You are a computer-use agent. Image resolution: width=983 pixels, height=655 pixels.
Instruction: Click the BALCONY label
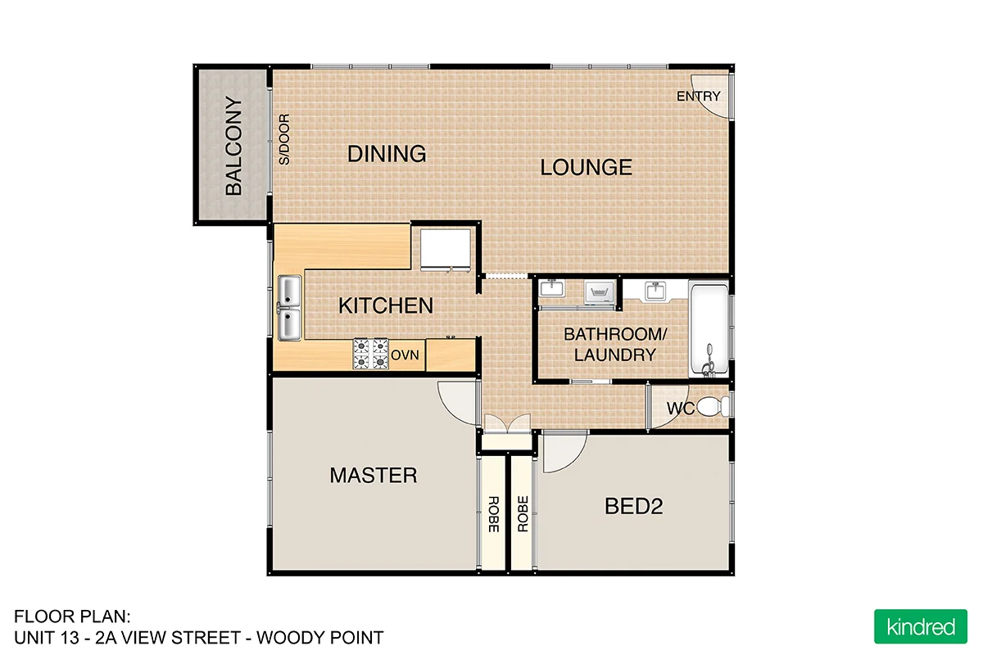(233, 147)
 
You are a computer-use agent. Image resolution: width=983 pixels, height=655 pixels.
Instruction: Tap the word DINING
(387, 154)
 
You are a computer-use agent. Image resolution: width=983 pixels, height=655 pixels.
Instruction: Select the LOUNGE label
(586, 168)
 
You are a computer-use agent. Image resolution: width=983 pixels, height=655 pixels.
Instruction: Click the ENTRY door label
(698, 97)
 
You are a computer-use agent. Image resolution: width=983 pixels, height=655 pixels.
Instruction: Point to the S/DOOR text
(284, 140)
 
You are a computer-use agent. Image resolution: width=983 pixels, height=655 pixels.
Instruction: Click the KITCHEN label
(386, 306)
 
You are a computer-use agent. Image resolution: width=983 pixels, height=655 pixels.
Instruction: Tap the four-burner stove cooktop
(370, 355)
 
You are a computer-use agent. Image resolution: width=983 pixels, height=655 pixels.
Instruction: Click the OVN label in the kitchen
(405, 355)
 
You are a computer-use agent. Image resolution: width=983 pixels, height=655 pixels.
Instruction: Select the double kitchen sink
(289, 308)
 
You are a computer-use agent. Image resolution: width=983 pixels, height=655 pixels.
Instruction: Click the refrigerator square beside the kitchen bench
(446, 249)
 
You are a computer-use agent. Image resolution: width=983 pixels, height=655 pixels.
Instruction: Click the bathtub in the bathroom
(709, 330)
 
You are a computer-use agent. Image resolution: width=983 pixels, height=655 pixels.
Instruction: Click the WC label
(681, 409)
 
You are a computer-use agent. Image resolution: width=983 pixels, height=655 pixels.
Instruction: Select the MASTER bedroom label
(373, 475)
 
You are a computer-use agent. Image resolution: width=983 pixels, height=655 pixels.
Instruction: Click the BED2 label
(633, 507)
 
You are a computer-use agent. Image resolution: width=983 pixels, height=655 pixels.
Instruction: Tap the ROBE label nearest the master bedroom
(493, 515)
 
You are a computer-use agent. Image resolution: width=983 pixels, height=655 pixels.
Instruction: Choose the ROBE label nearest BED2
(522, 515)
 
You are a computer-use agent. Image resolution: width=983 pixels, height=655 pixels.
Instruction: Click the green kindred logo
(921, 627)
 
